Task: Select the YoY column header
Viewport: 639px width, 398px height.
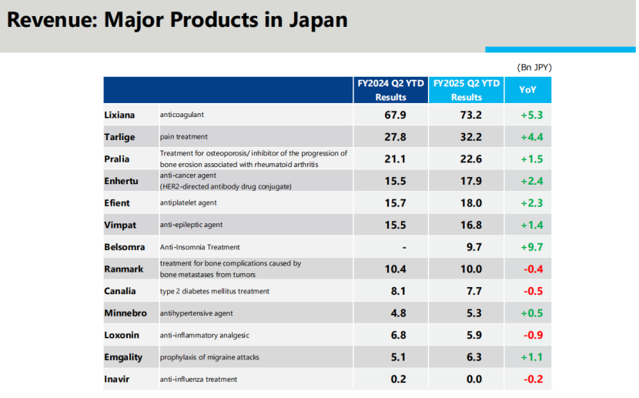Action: click(527, 90)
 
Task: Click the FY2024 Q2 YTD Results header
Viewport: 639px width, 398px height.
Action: click(390, 90)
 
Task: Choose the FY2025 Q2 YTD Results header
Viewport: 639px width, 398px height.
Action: click(467, 90)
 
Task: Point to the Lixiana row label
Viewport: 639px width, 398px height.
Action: click(119, 115)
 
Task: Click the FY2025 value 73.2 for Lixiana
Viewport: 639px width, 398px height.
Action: click(467, 115)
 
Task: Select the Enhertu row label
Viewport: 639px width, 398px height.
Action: click(121, 181)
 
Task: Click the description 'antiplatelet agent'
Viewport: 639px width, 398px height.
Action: click(189, 203)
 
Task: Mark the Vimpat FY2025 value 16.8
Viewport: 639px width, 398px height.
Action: click(467, 225)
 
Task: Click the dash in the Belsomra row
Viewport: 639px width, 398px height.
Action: click(403, 247)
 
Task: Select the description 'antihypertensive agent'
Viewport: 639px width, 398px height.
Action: click(196, 313)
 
